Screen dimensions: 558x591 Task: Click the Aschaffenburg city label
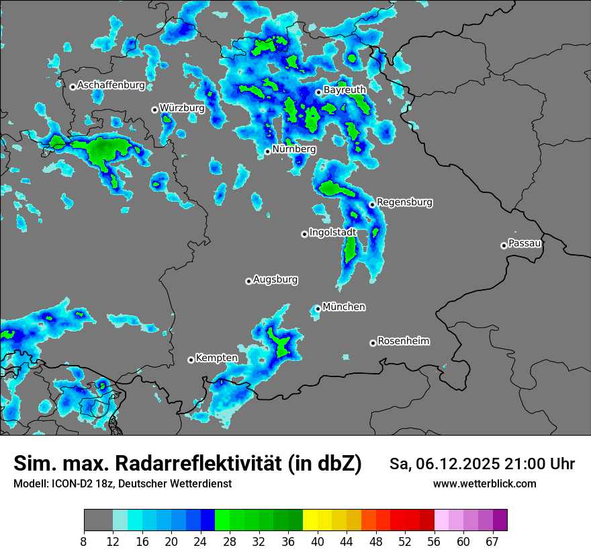pos(111,85)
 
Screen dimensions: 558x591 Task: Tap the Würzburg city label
pos(182,108)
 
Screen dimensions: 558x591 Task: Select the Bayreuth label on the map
pos(345,90)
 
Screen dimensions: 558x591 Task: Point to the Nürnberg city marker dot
pos(267,151)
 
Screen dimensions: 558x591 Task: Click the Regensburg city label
pos(404,202)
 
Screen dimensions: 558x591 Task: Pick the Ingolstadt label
pos(332,233)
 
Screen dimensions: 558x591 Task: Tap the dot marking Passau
pos(504,245)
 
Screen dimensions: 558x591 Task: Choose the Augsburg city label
pos(275,280)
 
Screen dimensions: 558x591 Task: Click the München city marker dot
pos(318,309)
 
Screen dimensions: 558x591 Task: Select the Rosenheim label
pos(403,342)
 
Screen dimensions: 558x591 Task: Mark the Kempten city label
pos(217,358)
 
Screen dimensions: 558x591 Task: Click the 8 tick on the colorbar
pos(84,541)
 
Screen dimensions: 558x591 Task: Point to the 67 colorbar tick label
pos(492,541)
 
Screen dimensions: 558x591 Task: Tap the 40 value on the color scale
pos(318,541)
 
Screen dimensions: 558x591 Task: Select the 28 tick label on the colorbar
pos(230,541)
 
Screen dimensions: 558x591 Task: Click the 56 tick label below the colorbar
pos(434,541)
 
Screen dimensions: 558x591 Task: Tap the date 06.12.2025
pos(456,464)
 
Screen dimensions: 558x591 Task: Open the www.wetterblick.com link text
pos(484,483)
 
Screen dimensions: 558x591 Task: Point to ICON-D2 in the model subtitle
pos(72,483)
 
